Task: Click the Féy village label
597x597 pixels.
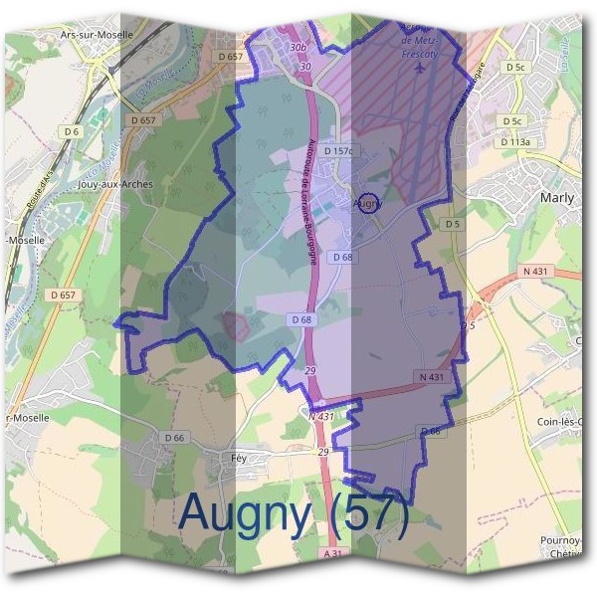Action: pyautogui.click(x=238, y=458)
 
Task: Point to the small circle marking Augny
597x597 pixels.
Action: pyautogui.click(x=367, y=203)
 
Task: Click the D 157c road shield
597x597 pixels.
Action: pyautogui.click(x=338, y=150)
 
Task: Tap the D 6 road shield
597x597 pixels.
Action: pyautogui.click(x=71, y=131)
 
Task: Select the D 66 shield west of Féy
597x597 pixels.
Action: pyautogui.click(x=173, y=438)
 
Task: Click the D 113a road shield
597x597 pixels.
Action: pyautogui.click(x=515, y=142)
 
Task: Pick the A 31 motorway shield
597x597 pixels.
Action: pyautogui.click(x=333, y=553)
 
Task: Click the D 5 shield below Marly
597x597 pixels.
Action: pyautogui.click(x=454, y=225)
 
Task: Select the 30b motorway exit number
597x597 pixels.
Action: pyautogui.click(x=298, y=47)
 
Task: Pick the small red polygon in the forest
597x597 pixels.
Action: pyautogui.click(x=236, y=325)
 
